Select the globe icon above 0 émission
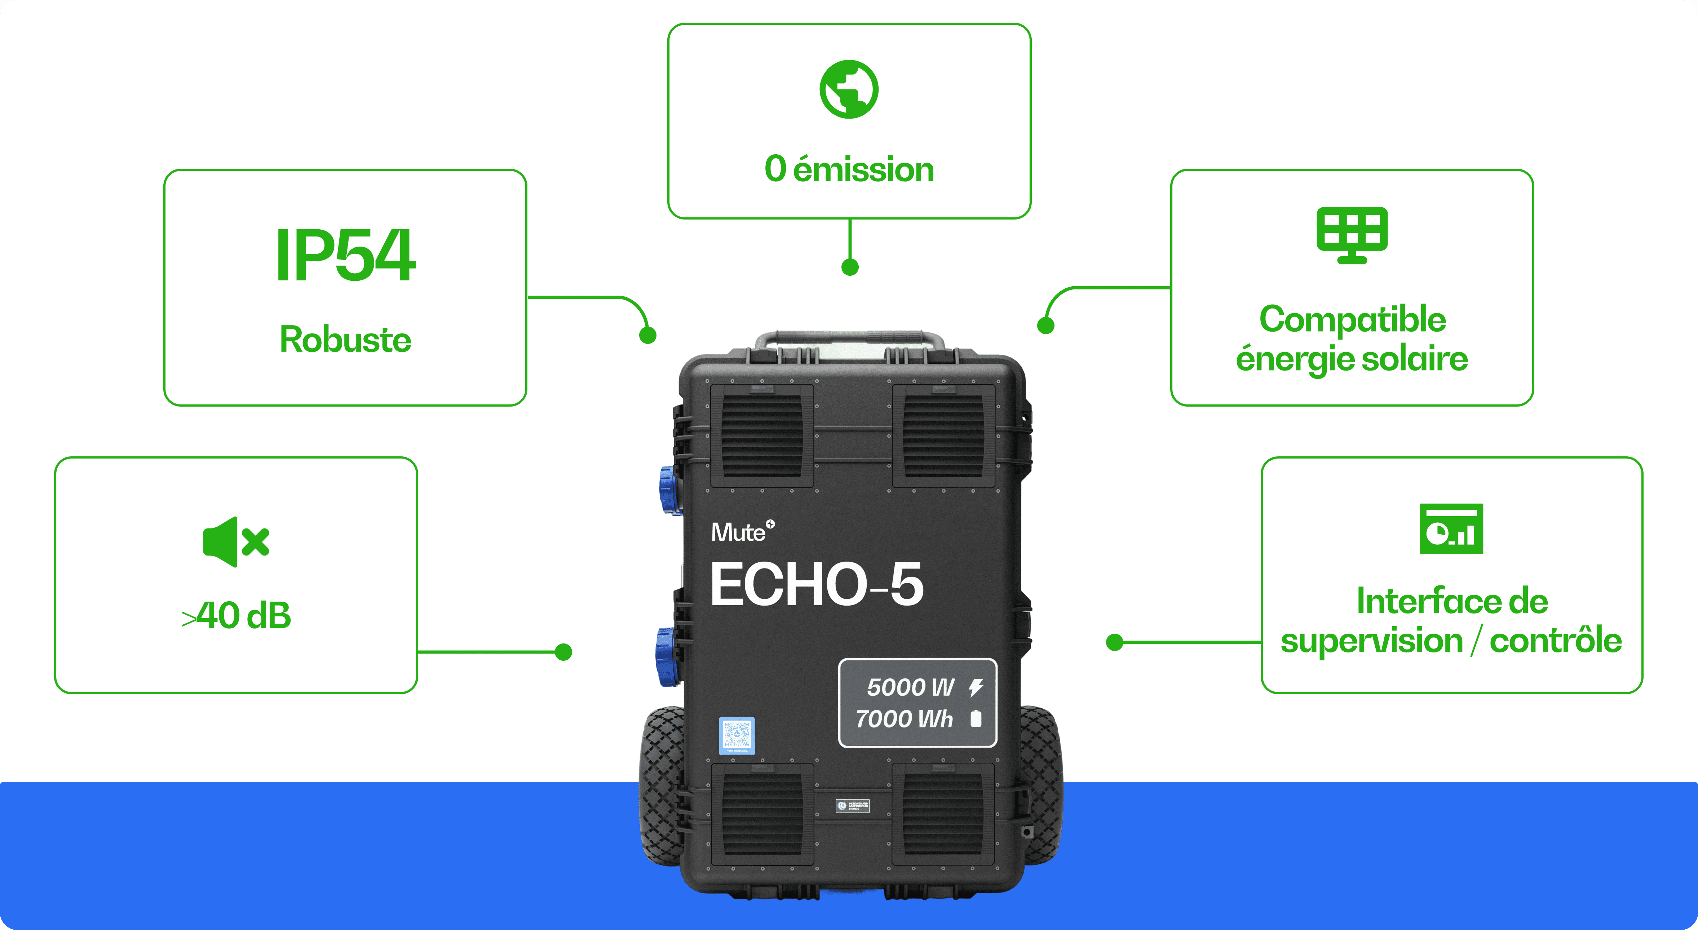click(849, 90)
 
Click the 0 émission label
click(849, 169)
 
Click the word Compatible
click(1352, 320)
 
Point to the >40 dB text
click(236, 616)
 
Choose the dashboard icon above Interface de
click(1451, 528)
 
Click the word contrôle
click(1556, 641)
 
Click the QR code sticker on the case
click(736, 735)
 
